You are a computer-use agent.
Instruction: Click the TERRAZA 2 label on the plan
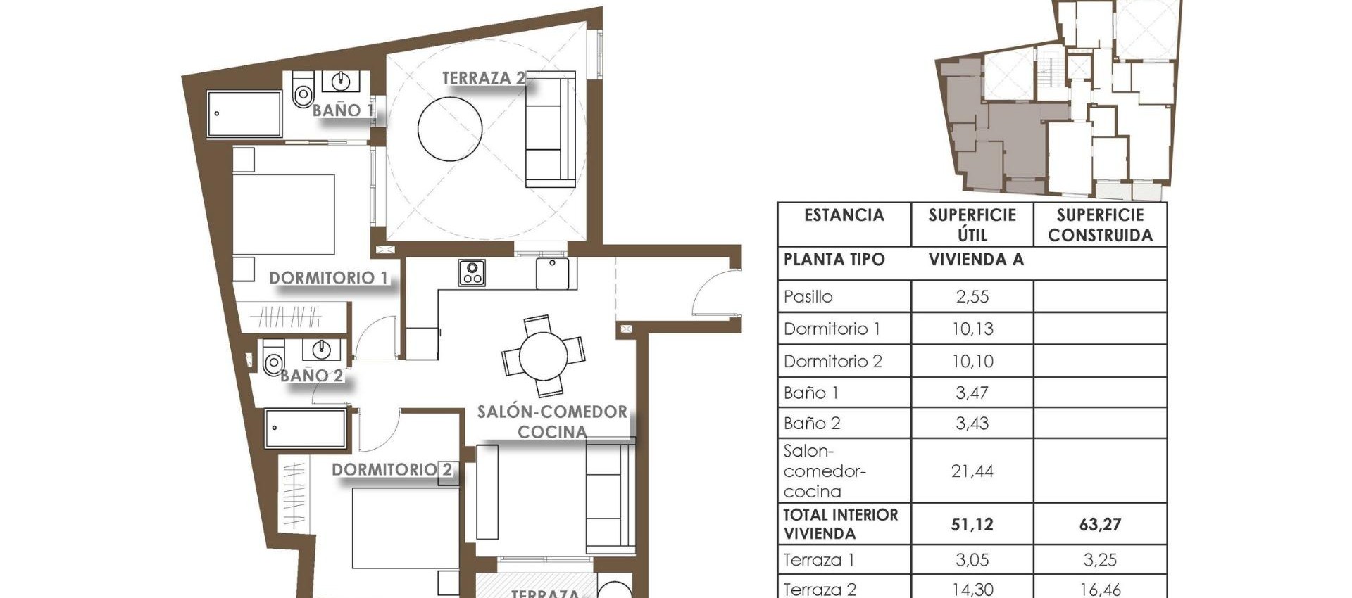[483, 78]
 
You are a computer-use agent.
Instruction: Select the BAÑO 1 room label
[342, 110]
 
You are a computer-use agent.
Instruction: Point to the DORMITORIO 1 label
[328, 278]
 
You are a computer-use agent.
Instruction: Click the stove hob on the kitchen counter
[471, 273]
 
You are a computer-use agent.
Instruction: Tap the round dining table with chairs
[543, 356]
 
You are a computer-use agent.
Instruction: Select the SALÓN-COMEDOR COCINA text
[552, 421]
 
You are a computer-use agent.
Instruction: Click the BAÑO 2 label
[311, 376]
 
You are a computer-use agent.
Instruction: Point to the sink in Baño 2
[321, 348]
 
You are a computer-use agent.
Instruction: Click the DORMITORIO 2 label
[392, 469]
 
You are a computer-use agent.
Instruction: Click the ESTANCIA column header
[844, 215]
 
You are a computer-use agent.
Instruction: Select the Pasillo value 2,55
[972, 297]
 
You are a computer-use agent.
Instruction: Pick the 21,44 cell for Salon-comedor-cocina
[972, 471]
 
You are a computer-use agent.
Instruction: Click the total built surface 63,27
[1099, 524]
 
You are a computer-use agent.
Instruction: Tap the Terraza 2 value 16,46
[1099, 590]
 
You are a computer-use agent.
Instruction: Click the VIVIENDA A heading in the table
[976, 260]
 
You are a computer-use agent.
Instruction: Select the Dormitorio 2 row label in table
[832, 362]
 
